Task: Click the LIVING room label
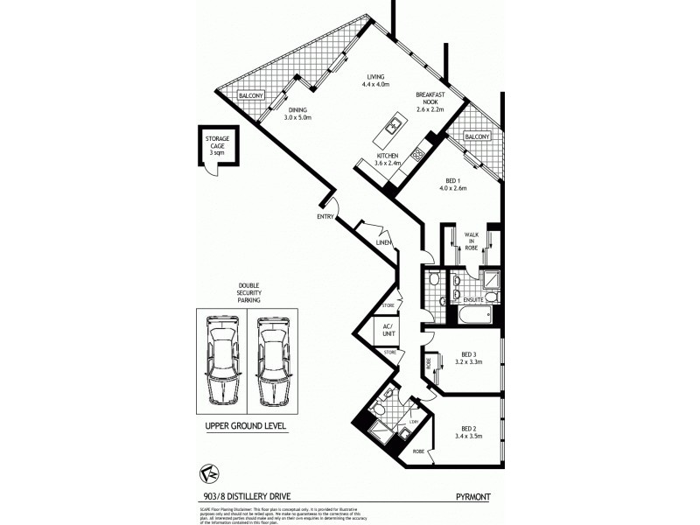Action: coord(376,81)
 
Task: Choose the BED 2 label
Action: coord(467,430)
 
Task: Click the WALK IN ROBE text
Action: coord(472,241)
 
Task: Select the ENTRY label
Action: coord(326,216)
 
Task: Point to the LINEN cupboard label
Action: coord(382,242)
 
